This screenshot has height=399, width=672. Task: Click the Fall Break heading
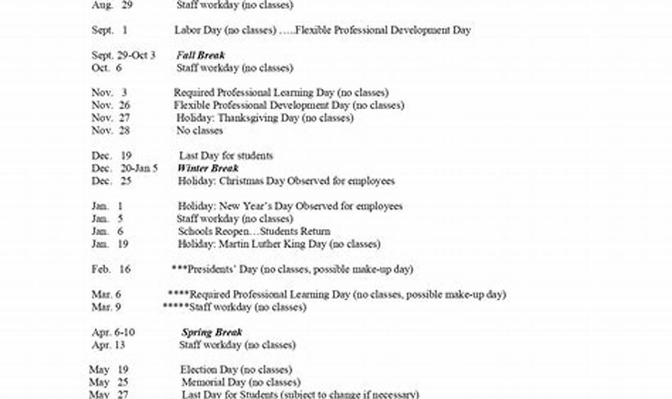click(x=200, y=55)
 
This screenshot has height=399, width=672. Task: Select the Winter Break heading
click(x=208, y=168)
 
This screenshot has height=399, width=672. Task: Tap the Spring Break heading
click(x=212, y=332)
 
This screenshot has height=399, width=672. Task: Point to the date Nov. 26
click(x=110, y=105)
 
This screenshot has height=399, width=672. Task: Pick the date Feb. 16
click(x=110, y=269)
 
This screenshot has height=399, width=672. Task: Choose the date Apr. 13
click(x=108, y=345)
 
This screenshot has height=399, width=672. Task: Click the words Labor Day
click(x=198, y=30)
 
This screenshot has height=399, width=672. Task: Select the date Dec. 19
click(x=111, y=155)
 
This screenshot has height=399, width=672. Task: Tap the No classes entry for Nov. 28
click(x=199, y=130)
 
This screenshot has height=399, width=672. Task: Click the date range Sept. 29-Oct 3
click(x=124, y=55)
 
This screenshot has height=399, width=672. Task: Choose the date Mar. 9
click(x=106, y=307)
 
